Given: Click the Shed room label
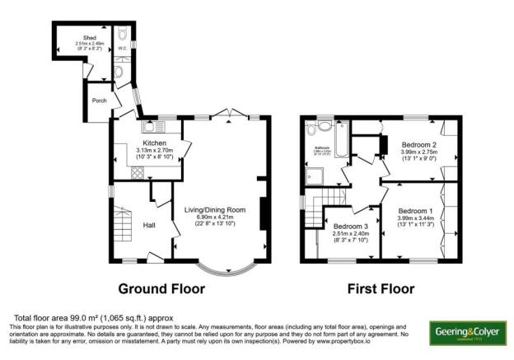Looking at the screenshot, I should (x=86, y=38).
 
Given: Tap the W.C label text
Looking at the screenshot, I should (x=123, y=49).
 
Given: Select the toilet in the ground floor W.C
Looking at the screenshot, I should (x=119, y=72).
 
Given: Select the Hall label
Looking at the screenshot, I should (x=150, y=225).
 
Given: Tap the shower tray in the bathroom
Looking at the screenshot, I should (x=315, y=174).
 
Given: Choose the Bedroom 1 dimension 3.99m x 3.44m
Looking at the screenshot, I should (x=418, y=217).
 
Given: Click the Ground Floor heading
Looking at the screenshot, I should (x=161, y=289).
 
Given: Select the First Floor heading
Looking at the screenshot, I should (x=381, y=289).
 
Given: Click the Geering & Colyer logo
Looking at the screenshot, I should (x=468, y=332).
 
